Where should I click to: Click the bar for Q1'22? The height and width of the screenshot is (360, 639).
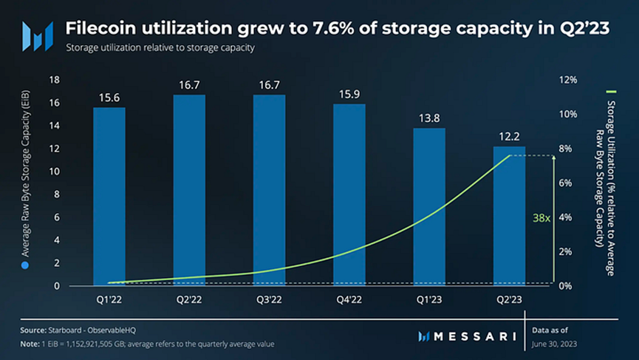[x=109, y=196]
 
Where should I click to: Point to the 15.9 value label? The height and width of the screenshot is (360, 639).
[x=349, y=94]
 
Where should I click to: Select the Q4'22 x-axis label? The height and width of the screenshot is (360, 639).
[x=349, y=301]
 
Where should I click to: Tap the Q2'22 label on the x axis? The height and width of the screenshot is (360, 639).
[x=189, y=301]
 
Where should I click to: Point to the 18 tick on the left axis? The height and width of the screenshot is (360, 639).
[x=53, y=80]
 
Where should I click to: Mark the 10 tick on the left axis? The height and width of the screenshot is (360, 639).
[x=53, y=171]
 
